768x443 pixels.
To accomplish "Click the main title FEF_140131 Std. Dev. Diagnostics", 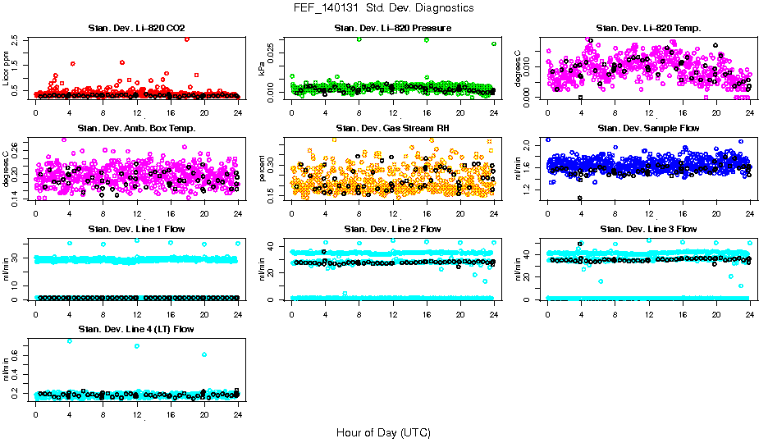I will [x=383, y=8].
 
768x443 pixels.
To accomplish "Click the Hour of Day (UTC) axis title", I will [x=383, y=432].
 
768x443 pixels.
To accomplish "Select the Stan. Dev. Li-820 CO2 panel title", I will [x=136, y=29].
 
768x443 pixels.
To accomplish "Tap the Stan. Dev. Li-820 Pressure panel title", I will [x=392, y=29].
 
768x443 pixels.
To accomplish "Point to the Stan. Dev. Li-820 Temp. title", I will [x=648, y=29].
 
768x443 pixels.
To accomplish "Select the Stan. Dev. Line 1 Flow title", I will [x=136, y=229].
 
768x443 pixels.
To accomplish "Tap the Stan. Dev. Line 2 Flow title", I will [x=392, y=229].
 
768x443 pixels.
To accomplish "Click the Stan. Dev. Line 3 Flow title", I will [x=648, y=229].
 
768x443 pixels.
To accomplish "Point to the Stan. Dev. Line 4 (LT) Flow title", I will [x=136, y=329].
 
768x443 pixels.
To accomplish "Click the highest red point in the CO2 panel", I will [x=187, y=39].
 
